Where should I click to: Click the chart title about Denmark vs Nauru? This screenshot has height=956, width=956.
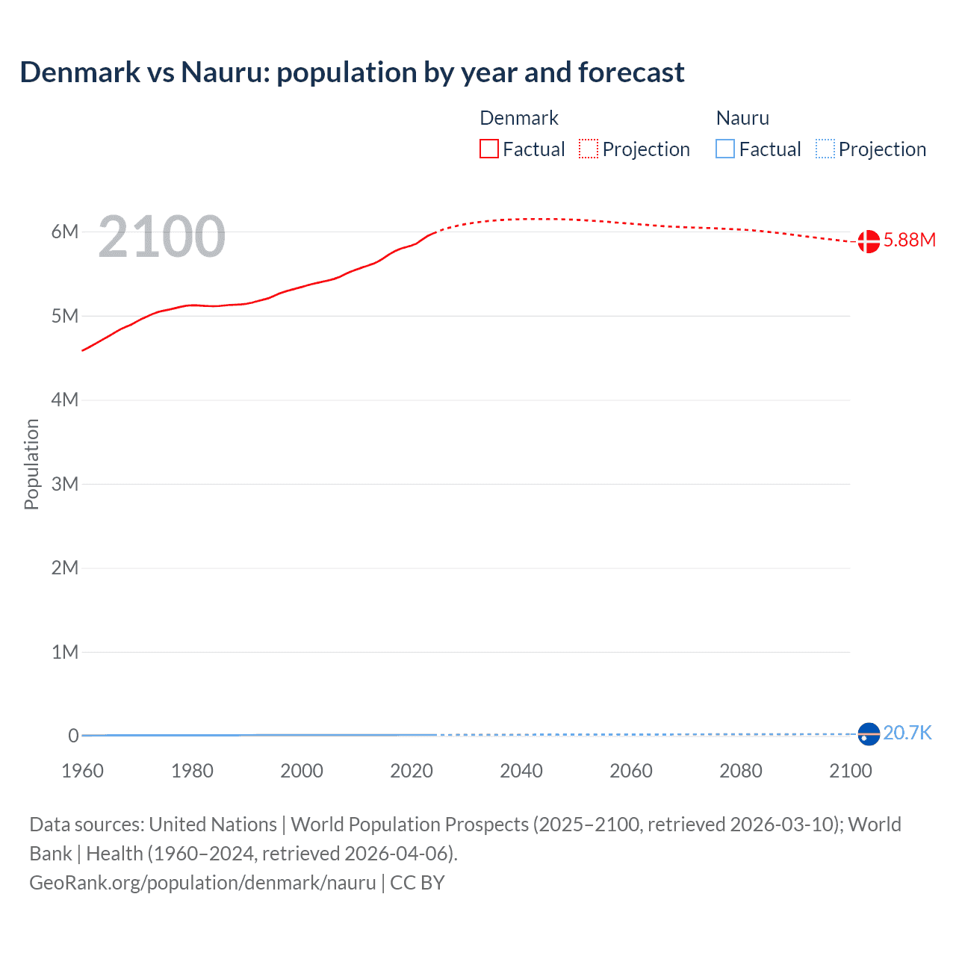[x=352, y=72]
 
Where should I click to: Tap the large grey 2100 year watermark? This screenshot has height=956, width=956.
[x=161, y=237]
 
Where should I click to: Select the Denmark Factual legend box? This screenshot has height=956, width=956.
[x=489, y=149]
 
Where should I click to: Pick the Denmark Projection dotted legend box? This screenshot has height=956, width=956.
[x=589, y=149]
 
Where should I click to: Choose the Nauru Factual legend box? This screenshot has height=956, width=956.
[x=725, y=149]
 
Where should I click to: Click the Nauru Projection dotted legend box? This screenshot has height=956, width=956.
[x=825, y=149]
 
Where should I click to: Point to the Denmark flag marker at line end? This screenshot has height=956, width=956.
[x=869, y=241]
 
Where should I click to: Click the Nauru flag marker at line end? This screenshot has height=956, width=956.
[x=869, y=734]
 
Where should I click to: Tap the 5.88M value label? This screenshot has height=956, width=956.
[x=910, y=240]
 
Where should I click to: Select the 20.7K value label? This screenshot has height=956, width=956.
[x=907, y=733]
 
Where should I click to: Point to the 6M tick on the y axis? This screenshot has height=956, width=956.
[x=65, y=232]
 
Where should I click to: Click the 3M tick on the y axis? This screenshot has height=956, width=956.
[x=65, y=484]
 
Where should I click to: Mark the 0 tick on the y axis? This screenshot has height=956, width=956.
[x=73, y=736]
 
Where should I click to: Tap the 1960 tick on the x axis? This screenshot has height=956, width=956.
[x=82, y=771]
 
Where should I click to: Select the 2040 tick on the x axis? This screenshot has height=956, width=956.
[x=521, y=771]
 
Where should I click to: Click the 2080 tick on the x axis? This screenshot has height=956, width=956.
[x=741, y=771]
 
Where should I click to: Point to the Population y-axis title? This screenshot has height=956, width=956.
[x=31, y=464]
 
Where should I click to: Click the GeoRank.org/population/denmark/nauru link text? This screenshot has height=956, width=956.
[x=202, y=883]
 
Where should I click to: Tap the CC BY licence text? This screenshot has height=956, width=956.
[x=418, y=883]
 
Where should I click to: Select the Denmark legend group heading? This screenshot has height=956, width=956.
[x=519, y=118]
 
